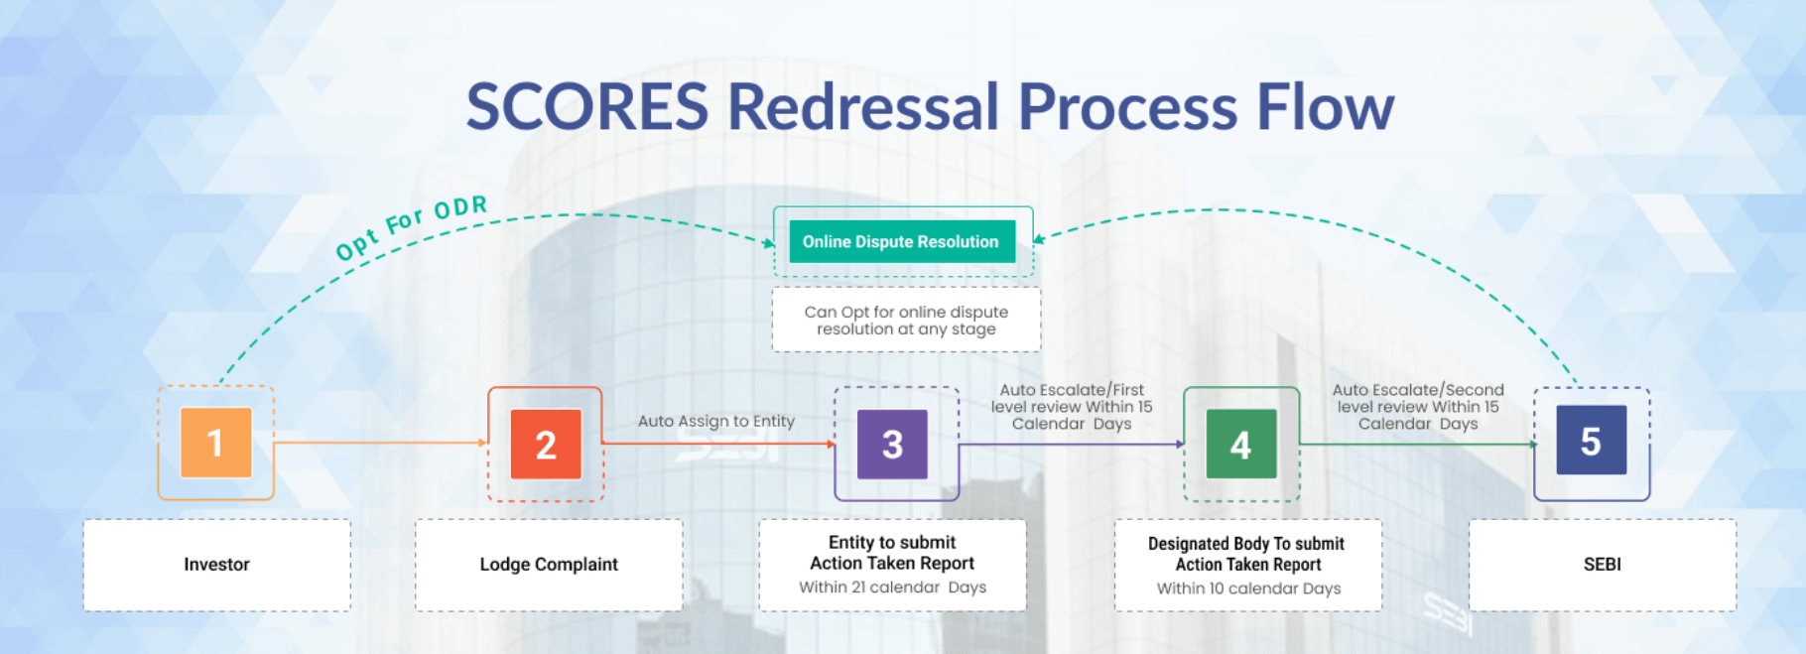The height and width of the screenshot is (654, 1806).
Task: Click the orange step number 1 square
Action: coord(215,443)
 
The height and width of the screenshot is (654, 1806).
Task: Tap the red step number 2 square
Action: coord(546,445)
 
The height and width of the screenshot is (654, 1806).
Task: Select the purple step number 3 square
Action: coord(892,445)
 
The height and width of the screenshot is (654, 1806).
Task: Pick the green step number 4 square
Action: coord(1241,445)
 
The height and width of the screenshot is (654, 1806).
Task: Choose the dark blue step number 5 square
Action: coord(1591,441)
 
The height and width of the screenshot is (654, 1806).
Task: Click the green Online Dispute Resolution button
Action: coord(902,241)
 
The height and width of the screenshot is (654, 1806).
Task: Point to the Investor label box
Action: coord(216,565)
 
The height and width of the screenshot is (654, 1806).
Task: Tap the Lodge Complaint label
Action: coord(549,565)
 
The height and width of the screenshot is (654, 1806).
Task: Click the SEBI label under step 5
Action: coord(1603,565)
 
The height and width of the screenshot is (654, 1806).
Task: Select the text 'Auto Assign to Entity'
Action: coord(716,421)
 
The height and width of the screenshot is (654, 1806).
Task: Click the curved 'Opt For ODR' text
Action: coord(412,227)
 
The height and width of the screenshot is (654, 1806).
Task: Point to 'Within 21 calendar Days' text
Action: coord(893,588)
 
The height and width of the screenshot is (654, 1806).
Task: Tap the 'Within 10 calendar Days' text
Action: coord(1248,589)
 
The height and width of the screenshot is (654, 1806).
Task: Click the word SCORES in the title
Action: coord(587,106)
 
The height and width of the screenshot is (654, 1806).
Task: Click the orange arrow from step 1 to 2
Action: coord(380,443)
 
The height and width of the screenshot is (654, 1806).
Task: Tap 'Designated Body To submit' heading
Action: coord(1246,544)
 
